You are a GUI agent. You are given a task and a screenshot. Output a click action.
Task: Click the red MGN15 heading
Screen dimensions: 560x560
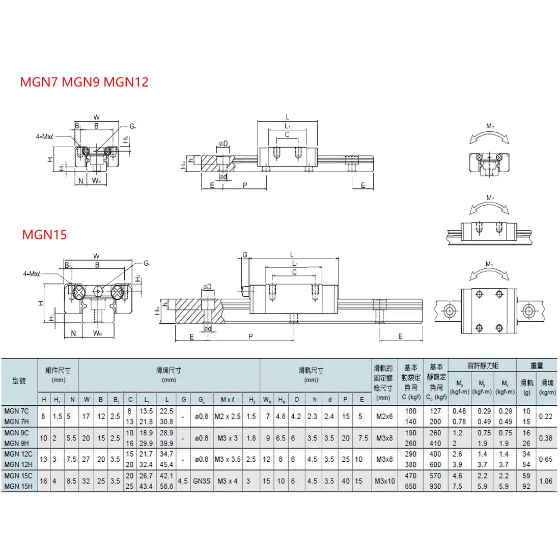tap(44, 235)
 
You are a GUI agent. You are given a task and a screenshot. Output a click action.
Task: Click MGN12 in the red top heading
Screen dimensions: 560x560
tap(126, 82)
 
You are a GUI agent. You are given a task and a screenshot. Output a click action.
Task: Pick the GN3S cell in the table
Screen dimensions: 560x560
tap(202, 481)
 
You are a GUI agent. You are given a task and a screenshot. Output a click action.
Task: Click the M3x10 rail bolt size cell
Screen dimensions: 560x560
tap(384, 481)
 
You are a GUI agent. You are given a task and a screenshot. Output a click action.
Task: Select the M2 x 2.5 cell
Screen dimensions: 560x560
tap(227, 416)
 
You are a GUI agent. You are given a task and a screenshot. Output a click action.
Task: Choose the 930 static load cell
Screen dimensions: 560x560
tap(435, 486)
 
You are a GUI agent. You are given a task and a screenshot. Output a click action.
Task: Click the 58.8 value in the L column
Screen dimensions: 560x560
tap(166, 486)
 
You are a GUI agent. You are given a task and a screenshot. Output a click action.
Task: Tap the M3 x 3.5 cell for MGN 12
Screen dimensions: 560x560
tap(227, 459)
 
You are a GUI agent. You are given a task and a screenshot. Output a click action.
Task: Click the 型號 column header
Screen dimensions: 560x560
tap(19, 380)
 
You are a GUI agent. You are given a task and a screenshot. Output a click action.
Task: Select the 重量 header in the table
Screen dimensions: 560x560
tap(537, 366)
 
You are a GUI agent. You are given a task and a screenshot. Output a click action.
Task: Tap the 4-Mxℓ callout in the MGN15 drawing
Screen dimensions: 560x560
tap(31, 274)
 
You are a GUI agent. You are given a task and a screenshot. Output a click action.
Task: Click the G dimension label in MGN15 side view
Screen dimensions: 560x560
tap(245, 255)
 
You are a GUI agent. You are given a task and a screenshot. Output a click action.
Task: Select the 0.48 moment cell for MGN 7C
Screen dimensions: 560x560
tap(459, 411)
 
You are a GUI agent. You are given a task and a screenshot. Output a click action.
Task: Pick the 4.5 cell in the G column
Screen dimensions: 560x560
tap(183, 481)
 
